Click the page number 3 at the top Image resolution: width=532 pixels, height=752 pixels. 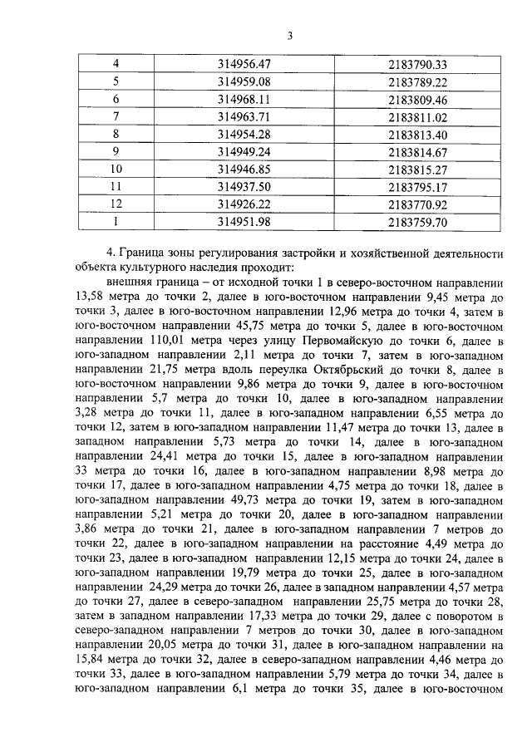(290, 35)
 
